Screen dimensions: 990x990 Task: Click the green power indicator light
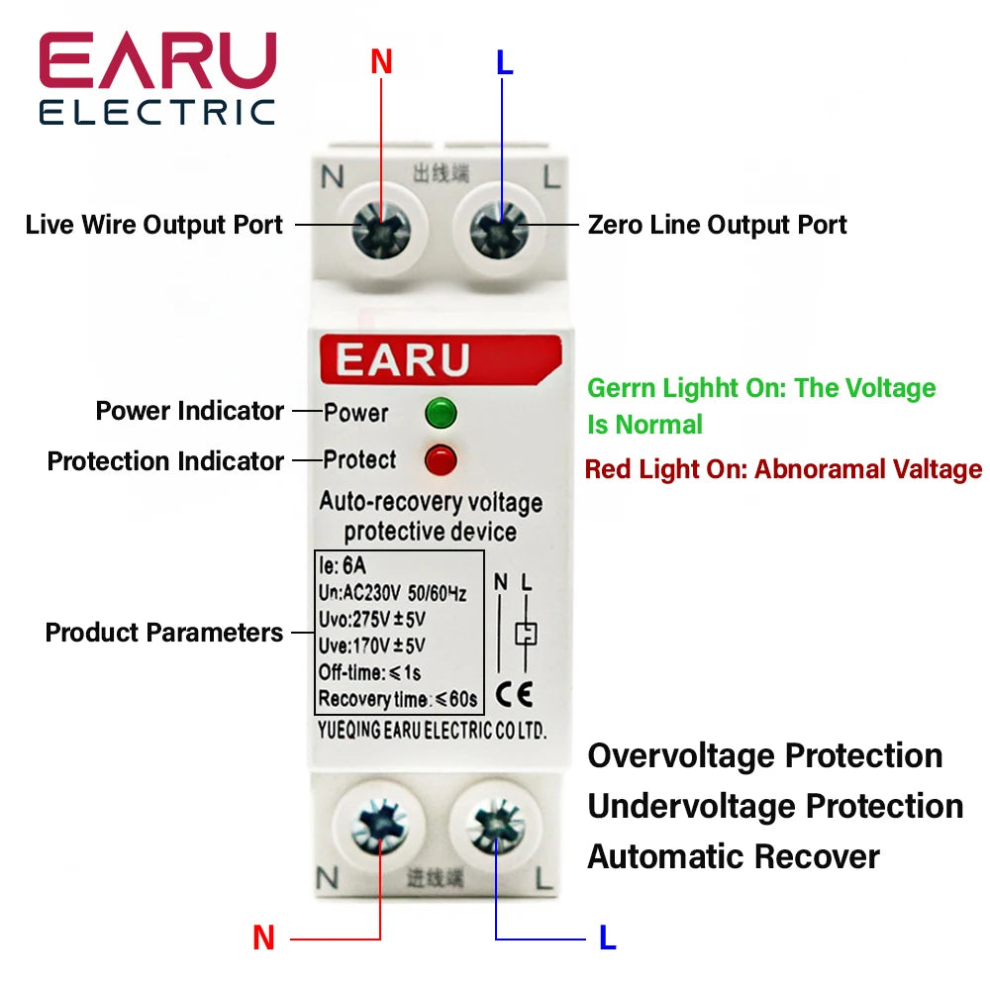click(440, 412)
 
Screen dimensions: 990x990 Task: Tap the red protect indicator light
click(440, 459)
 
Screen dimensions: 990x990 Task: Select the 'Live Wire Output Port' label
click(154, 225)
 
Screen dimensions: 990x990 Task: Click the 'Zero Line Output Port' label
click(717, 225)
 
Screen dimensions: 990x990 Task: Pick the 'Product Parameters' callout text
click(164, 633)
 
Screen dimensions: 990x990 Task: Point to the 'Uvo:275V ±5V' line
click(371, 620)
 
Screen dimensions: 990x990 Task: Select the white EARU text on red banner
click(402, 359)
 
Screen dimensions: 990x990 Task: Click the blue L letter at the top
click(505, 62)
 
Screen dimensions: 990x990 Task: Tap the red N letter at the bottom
click(263, 938)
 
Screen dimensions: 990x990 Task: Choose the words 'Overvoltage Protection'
click(764, 756)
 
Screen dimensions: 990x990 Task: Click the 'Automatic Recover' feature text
click(733, 856)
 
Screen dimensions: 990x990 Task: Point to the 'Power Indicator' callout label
click(189, 411)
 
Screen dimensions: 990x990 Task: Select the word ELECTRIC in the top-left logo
click(156, 112)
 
